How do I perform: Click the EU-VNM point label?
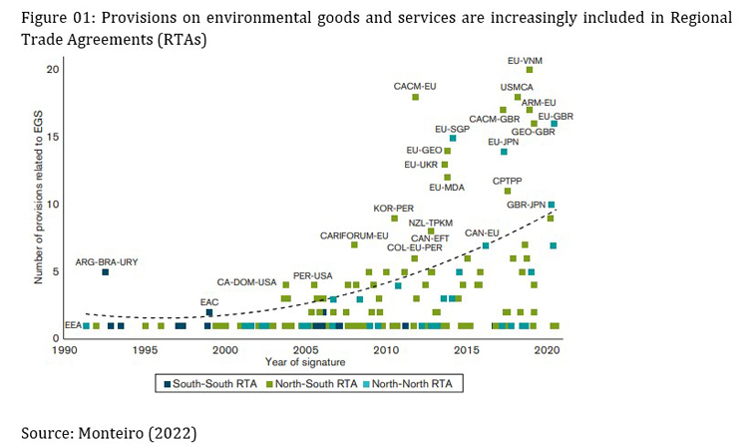525,60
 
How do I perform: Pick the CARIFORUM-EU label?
354,234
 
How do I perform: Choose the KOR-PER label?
393,209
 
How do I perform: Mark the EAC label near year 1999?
209,301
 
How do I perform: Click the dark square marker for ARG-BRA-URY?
105,271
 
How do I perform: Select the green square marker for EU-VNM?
530,70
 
